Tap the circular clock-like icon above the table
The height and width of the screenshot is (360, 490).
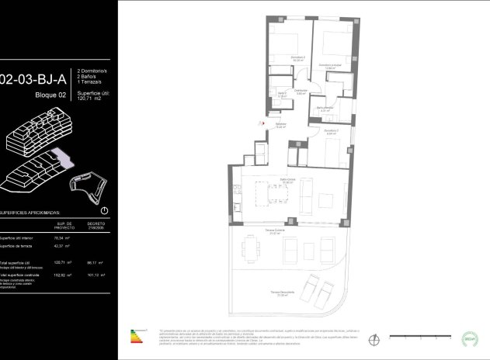105,210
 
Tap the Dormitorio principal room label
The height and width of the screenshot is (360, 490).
332,67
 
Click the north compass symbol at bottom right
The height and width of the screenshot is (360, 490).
375,338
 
